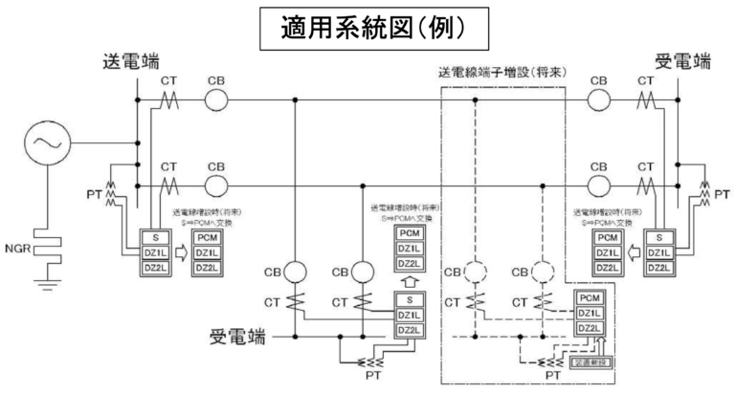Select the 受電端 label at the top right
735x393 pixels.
(683, 64)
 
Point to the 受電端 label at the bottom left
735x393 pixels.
(243, 337)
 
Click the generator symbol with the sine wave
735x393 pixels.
(45, 143)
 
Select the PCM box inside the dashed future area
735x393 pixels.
(590, 298)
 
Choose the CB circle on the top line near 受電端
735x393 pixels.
(599, 100)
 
